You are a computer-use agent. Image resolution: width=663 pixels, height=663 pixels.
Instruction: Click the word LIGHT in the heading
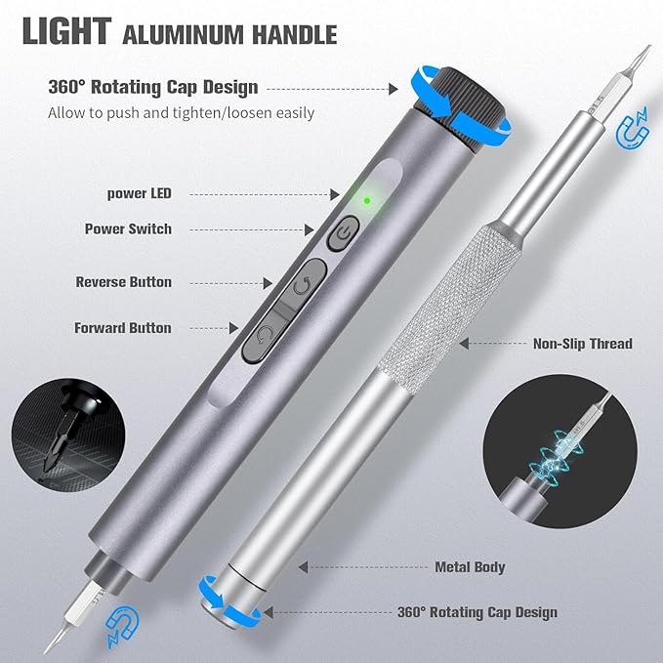click(x=65, y=31)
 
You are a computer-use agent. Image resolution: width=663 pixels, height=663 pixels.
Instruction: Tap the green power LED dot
click(x=366, y=201)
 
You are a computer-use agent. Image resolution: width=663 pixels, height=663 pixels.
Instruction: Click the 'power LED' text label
click(x=139, y=193)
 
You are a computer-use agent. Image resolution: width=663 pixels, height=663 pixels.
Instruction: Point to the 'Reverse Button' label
click(x=123, y=282)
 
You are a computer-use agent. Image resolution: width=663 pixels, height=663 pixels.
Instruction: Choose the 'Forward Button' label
click(x=123, y=328)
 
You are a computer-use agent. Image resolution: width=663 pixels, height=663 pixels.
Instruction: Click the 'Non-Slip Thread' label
click(x=582, y=344)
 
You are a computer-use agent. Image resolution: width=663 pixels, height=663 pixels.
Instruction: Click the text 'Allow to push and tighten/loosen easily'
click(x=181, y=112)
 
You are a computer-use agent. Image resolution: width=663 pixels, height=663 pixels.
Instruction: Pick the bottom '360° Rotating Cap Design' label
click(x=477, y=613)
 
